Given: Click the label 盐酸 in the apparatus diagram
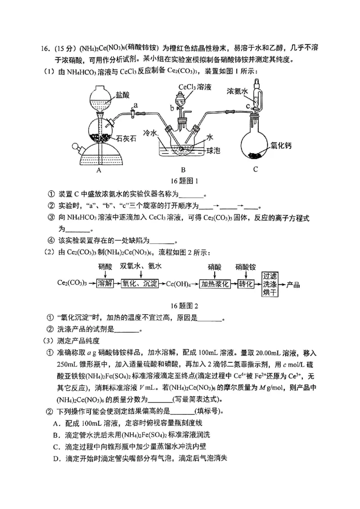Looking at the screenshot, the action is [x=122, y=95].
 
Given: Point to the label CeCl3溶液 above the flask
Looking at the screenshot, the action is [x=195, y=87].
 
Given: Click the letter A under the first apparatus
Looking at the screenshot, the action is [x=99, y=170].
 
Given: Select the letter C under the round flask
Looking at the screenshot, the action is [x=255, y=170].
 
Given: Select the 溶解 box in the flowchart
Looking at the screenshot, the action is [x=104, y=284].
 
